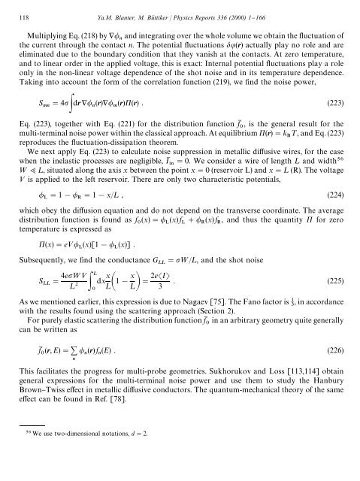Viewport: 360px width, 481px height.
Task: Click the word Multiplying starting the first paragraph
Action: tap(51, 35)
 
